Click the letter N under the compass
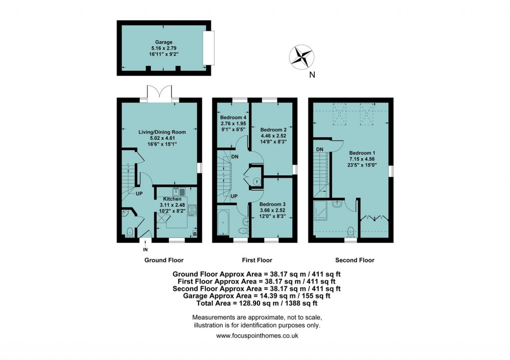click(311, 76)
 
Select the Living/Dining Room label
click(162, 132)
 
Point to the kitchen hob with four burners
click(191, 210)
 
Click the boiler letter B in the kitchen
click(194, 234)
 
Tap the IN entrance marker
click(145, 249)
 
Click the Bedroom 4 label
click(230, 117)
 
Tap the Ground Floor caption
click(164, 260)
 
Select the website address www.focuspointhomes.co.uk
click(257, 336)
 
